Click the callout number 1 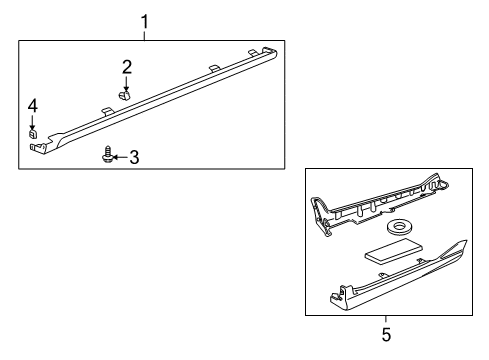pos(144,22)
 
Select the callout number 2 pos(127,67)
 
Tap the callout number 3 pos(134,157)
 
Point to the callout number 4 pos(32,106)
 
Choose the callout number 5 pos(386,334)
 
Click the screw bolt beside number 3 pos(107,155)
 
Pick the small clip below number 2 pos(124,95)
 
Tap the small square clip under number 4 pos(32,134)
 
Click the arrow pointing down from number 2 pos(126,83)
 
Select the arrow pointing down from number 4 pos(32,122)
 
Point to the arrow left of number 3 pos(121,157)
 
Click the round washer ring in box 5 pos(398,227)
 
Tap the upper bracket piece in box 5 pos(378,203)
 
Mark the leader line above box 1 pos(144,36)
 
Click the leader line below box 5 pos(386,319)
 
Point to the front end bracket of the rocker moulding pos(39,147)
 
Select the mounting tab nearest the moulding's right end pos(253,52)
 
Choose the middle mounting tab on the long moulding pos(214,68)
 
